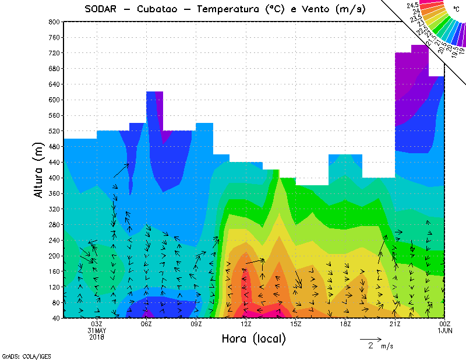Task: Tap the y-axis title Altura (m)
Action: pos(39,169)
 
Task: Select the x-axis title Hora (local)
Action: pos(253,338)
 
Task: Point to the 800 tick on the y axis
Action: pos(54,22)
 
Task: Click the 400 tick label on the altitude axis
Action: pos(54,178)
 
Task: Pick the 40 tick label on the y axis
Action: pos(55,318)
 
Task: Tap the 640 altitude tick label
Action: pos(54,84)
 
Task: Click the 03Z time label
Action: pos(97,324)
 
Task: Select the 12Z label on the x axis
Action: pos(246,324)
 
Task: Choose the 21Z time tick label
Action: pos(395,324)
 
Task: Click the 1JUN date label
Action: pos(444,330)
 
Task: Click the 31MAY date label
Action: pos(97,330)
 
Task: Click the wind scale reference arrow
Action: pos(370,338)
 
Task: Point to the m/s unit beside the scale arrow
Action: pos(387,346)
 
